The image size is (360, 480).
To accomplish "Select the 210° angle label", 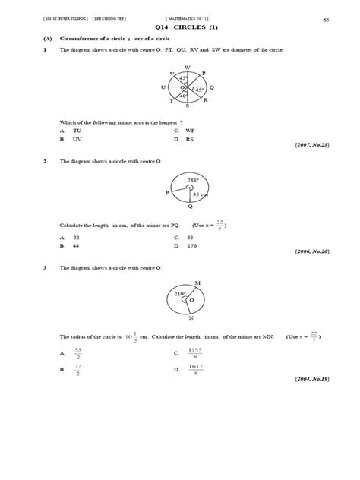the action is click(181, 293).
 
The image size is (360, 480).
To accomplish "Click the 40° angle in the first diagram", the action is click(183, 96).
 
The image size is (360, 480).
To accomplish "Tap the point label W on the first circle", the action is click(188, 67).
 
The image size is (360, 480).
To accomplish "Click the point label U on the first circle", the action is click(163, 87).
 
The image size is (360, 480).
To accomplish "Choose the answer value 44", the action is click(76, 246).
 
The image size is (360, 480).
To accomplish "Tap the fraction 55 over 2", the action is click(77, 353).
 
